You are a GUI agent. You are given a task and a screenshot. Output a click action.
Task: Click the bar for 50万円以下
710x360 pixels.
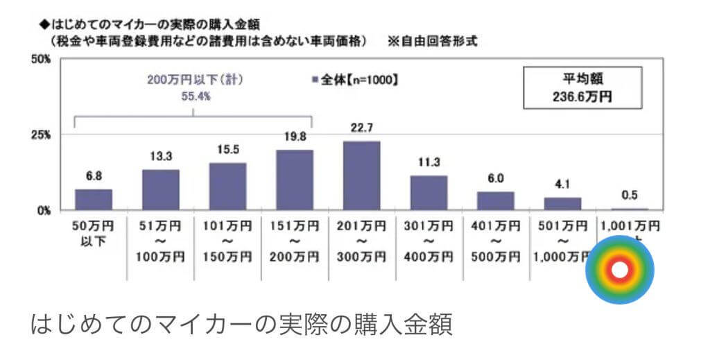point(94,199)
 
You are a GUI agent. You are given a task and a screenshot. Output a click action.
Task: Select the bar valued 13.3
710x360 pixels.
point(161,189)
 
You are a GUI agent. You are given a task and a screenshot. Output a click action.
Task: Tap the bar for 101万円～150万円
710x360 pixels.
point(228,186)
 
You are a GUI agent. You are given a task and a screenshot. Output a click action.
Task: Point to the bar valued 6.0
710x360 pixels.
point(495,200)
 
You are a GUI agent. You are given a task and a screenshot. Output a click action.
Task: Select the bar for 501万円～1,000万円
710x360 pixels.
point(562,203)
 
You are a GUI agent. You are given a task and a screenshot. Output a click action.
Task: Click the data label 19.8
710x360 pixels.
point(295,137)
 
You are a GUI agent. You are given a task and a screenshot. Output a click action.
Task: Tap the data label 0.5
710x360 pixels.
point(630,196)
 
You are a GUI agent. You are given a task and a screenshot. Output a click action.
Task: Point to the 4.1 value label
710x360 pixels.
point(562,185)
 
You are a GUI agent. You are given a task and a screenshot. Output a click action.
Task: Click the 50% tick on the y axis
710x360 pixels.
point(41,60)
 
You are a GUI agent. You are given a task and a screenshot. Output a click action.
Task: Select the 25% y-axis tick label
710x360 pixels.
point(41,135)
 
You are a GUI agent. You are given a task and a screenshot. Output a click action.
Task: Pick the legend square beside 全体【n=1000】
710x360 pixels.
point(315,80)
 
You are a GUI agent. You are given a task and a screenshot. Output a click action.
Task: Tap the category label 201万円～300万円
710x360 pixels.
point(362,241)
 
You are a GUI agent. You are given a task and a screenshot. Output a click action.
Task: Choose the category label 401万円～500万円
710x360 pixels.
point(495,241)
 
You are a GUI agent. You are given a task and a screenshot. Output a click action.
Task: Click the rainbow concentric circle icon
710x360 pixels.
point(620,270)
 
